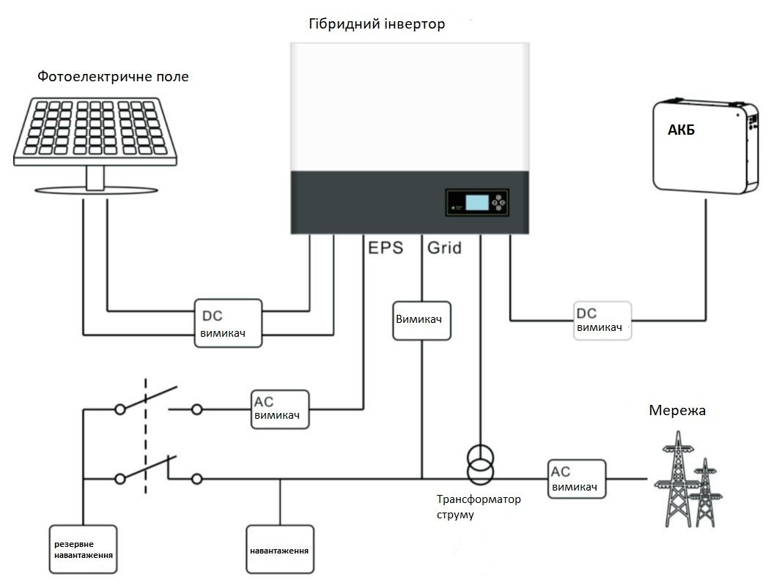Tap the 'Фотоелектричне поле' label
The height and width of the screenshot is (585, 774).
pyautogui.click(x=113, y=75)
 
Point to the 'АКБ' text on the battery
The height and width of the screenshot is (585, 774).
pyautogui.click(x=681, y=131)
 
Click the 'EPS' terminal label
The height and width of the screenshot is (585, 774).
pyautogui.click(x=386, y=247)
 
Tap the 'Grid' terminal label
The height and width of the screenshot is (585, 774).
pyautogui.click(x=445, y=247)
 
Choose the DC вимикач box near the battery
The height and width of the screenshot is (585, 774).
pyautogui.click(x=602, y=320)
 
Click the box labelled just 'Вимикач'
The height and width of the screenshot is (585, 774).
pyautogui.click(x=421, y=320)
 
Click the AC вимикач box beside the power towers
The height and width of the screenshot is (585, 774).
pyautogui.click(x=577, y=479)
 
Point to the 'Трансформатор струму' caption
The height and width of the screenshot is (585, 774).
pyautogui.click(x=478, y=507)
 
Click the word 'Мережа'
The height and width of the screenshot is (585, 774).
pyautogui.click(x=677, y=410)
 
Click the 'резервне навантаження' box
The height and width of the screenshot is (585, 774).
pyautogui.click(x=84, y=550)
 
